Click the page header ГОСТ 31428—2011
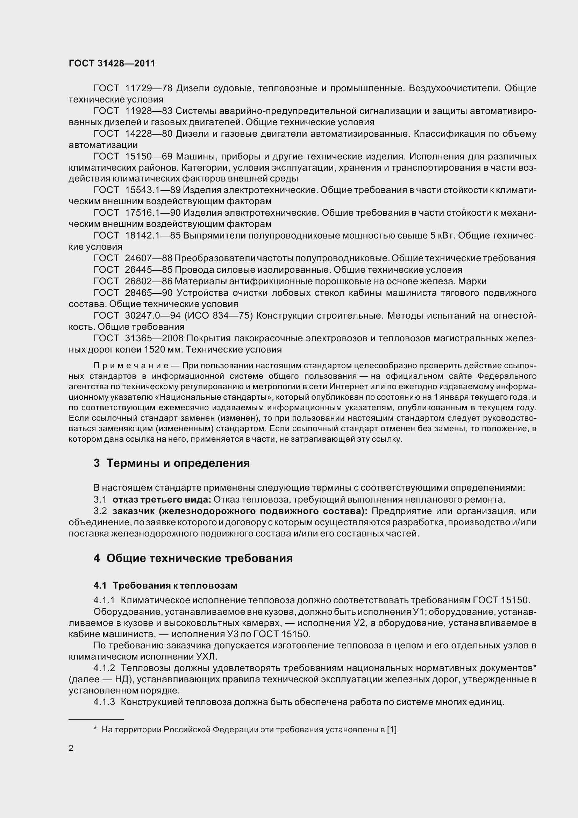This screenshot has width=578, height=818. click(x=112, y=63)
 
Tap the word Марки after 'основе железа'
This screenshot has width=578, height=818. click(x=472, y=281)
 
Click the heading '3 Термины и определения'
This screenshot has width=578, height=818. click(x=171, y=463)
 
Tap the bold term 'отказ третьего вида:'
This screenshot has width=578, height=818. click(x=162, y=499)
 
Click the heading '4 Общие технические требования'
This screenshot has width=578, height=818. click(x=193, y=558)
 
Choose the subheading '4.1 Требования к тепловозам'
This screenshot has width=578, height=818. click(x=165, y=585)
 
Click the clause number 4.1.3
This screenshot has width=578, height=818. click(x=104, y=702)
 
